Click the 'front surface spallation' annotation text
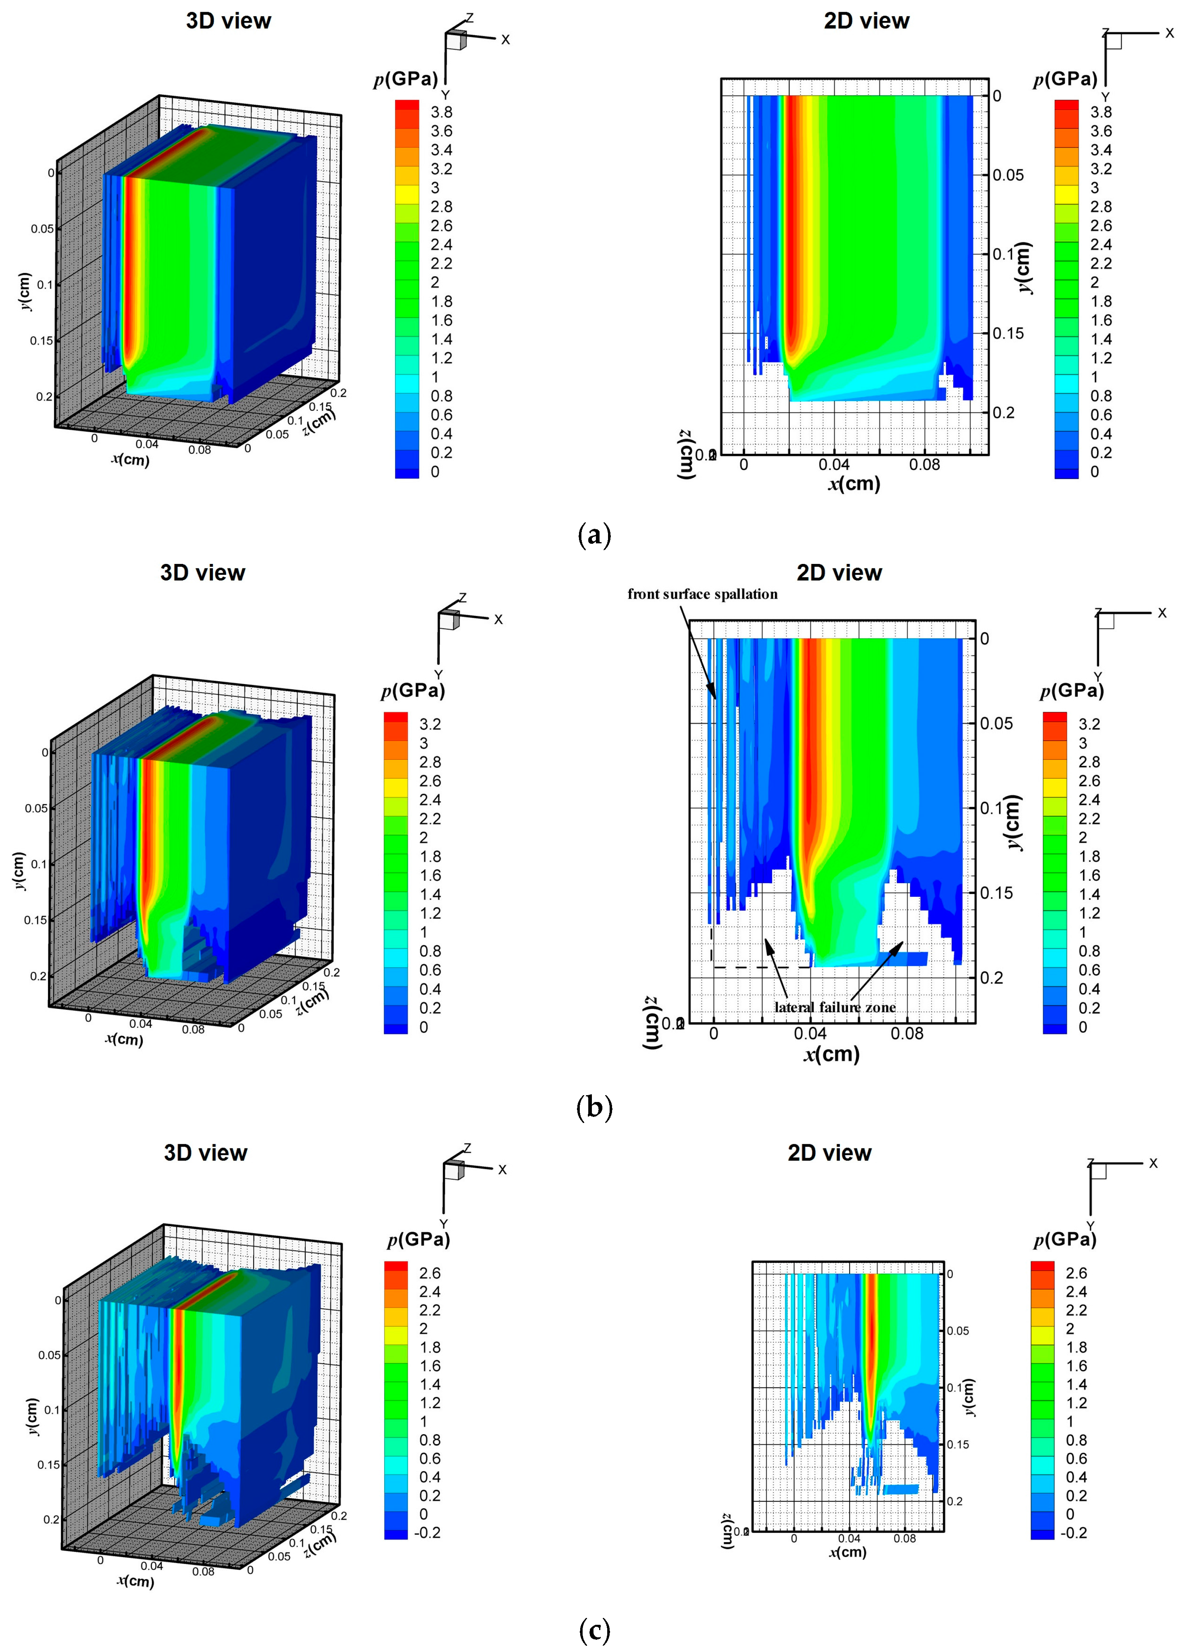point(702,594)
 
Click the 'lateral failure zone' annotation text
point(835,1007)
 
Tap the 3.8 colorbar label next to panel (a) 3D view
point(441,112)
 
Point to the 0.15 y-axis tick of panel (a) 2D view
point(1008,333)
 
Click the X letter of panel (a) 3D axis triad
point(505,40)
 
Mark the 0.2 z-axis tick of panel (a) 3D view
point(339,393)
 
